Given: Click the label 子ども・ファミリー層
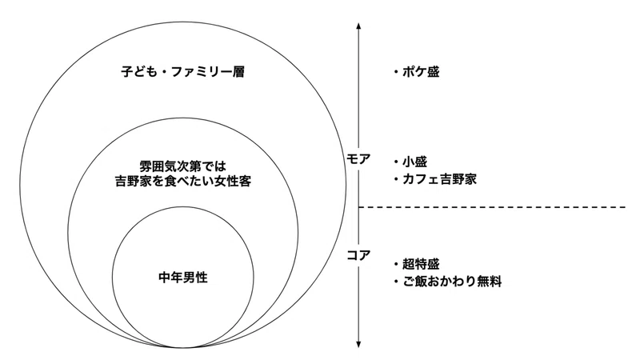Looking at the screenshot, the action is coord(183,72).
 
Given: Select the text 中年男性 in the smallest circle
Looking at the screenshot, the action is coord(183,278).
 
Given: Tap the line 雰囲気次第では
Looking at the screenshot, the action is coord(183,166).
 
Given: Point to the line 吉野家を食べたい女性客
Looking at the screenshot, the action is coord(183,181).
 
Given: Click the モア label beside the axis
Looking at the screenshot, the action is coord(358,158).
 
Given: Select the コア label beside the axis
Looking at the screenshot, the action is coord(358,255).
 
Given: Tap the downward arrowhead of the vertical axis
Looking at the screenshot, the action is coord(358,345).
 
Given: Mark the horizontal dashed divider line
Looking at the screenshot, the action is coord(492,207).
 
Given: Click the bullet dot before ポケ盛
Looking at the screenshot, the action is coord(396,72).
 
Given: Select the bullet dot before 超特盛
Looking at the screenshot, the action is coord(396,265).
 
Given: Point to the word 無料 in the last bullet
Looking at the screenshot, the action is coord(489,282).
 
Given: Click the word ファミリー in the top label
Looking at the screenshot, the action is coord(202,72).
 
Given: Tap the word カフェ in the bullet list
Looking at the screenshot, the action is coord(421,179).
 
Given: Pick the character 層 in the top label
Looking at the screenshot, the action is coord(238,72).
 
